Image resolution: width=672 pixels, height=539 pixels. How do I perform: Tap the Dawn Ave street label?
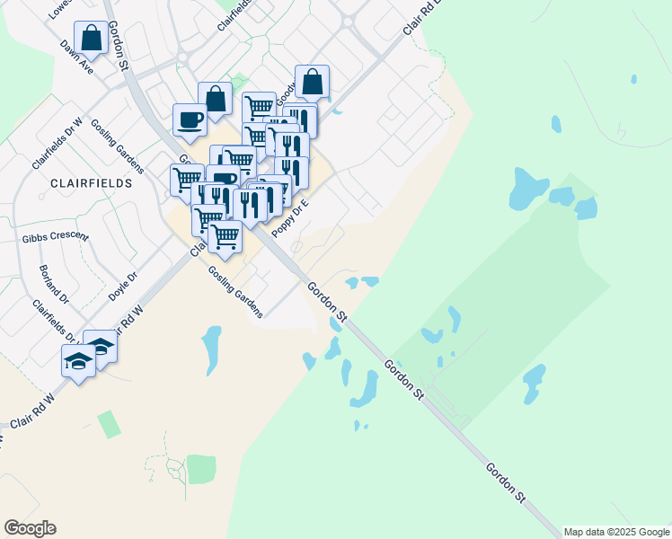pyautogui.click(x=76, y=56)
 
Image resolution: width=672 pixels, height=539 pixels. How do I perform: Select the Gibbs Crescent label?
pyautogui.click(x=56, y=236)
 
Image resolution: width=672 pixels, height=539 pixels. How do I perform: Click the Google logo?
pyautogui.click(x=30, y=528)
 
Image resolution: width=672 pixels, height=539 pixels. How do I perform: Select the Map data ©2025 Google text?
pyautogui.click(x=617, y=532)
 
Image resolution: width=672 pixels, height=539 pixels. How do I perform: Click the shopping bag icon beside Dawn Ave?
pyautogui.click(x=91, y=39)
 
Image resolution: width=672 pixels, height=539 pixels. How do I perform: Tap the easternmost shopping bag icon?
pyautogui.click(x=312, y=82)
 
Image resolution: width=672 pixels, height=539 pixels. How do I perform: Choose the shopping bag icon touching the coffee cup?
pyautogui.click(x=216, y=99)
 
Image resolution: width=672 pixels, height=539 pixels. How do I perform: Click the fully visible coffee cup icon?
pyautogui.click(x=190, y=119)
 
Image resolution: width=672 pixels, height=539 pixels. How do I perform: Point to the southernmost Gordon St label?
pyautogui.click(x=505, y=482)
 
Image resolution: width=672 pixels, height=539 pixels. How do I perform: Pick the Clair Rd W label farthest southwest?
pyautogui.click(x=32, y=410)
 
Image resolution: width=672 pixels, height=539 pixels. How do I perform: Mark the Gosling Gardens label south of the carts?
pyautogui.click(x=235, y=292)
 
